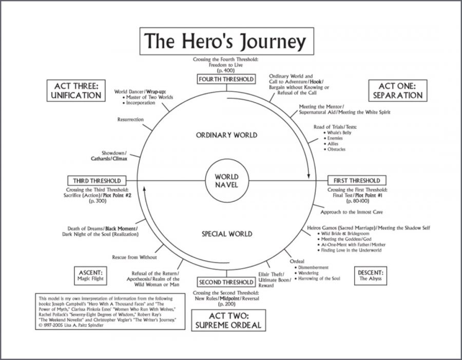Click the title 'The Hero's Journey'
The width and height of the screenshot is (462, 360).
225,41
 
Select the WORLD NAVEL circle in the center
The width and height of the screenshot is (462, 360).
226,181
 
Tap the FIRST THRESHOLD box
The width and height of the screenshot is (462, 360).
357,181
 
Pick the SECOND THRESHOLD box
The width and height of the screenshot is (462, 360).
226,282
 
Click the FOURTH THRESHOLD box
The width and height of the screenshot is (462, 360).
226,79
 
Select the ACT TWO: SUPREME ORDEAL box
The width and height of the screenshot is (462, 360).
227,319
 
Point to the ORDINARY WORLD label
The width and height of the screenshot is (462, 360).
226,135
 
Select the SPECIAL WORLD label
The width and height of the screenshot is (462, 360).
226,234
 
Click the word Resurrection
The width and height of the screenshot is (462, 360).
130,119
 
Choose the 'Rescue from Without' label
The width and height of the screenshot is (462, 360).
134,257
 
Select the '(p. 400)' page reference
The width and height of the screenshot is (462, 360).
226,70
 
